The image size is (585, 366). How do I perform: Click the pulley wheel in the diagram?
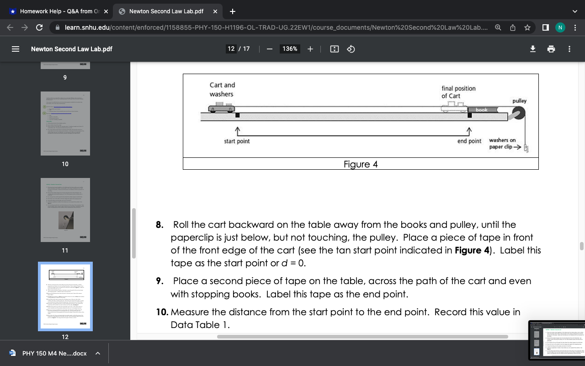pos(519,113)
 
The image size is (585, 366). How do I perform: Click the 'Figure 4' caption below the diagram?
pos(361,164)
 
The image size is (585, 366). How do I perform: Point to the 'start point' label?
pos(237,141)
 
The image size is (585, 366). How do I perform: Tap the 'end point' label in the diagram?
pos(469,141)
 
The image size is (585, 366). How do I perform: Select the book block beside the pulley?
pos(482,110)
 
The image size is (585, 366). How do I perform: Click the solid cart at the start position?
pos(221,108)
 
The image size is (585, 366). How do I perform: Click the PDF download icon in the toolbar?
pos(532,49)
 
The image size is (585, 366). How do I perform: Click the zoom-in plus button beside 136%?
pos(310,49)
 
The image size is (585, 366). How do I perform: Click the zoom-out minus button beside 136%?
pos(270,49)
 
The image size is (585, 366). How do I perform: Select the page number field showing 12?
pos(231,49)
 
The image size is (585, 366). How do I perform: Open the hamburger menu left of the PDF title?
pos(15,49)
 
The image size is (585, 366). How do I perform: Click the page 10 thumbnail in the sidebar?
pos(65,124)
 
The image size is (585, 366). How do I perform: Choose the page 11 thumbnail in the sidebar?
pos(65,210)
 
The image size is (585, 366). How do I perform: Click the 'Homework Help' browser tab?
pos(57,11)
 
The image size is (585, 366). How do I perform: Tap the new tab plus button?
pos(233,11)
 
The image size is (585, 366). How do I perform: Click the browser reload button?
pos(39,27)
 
